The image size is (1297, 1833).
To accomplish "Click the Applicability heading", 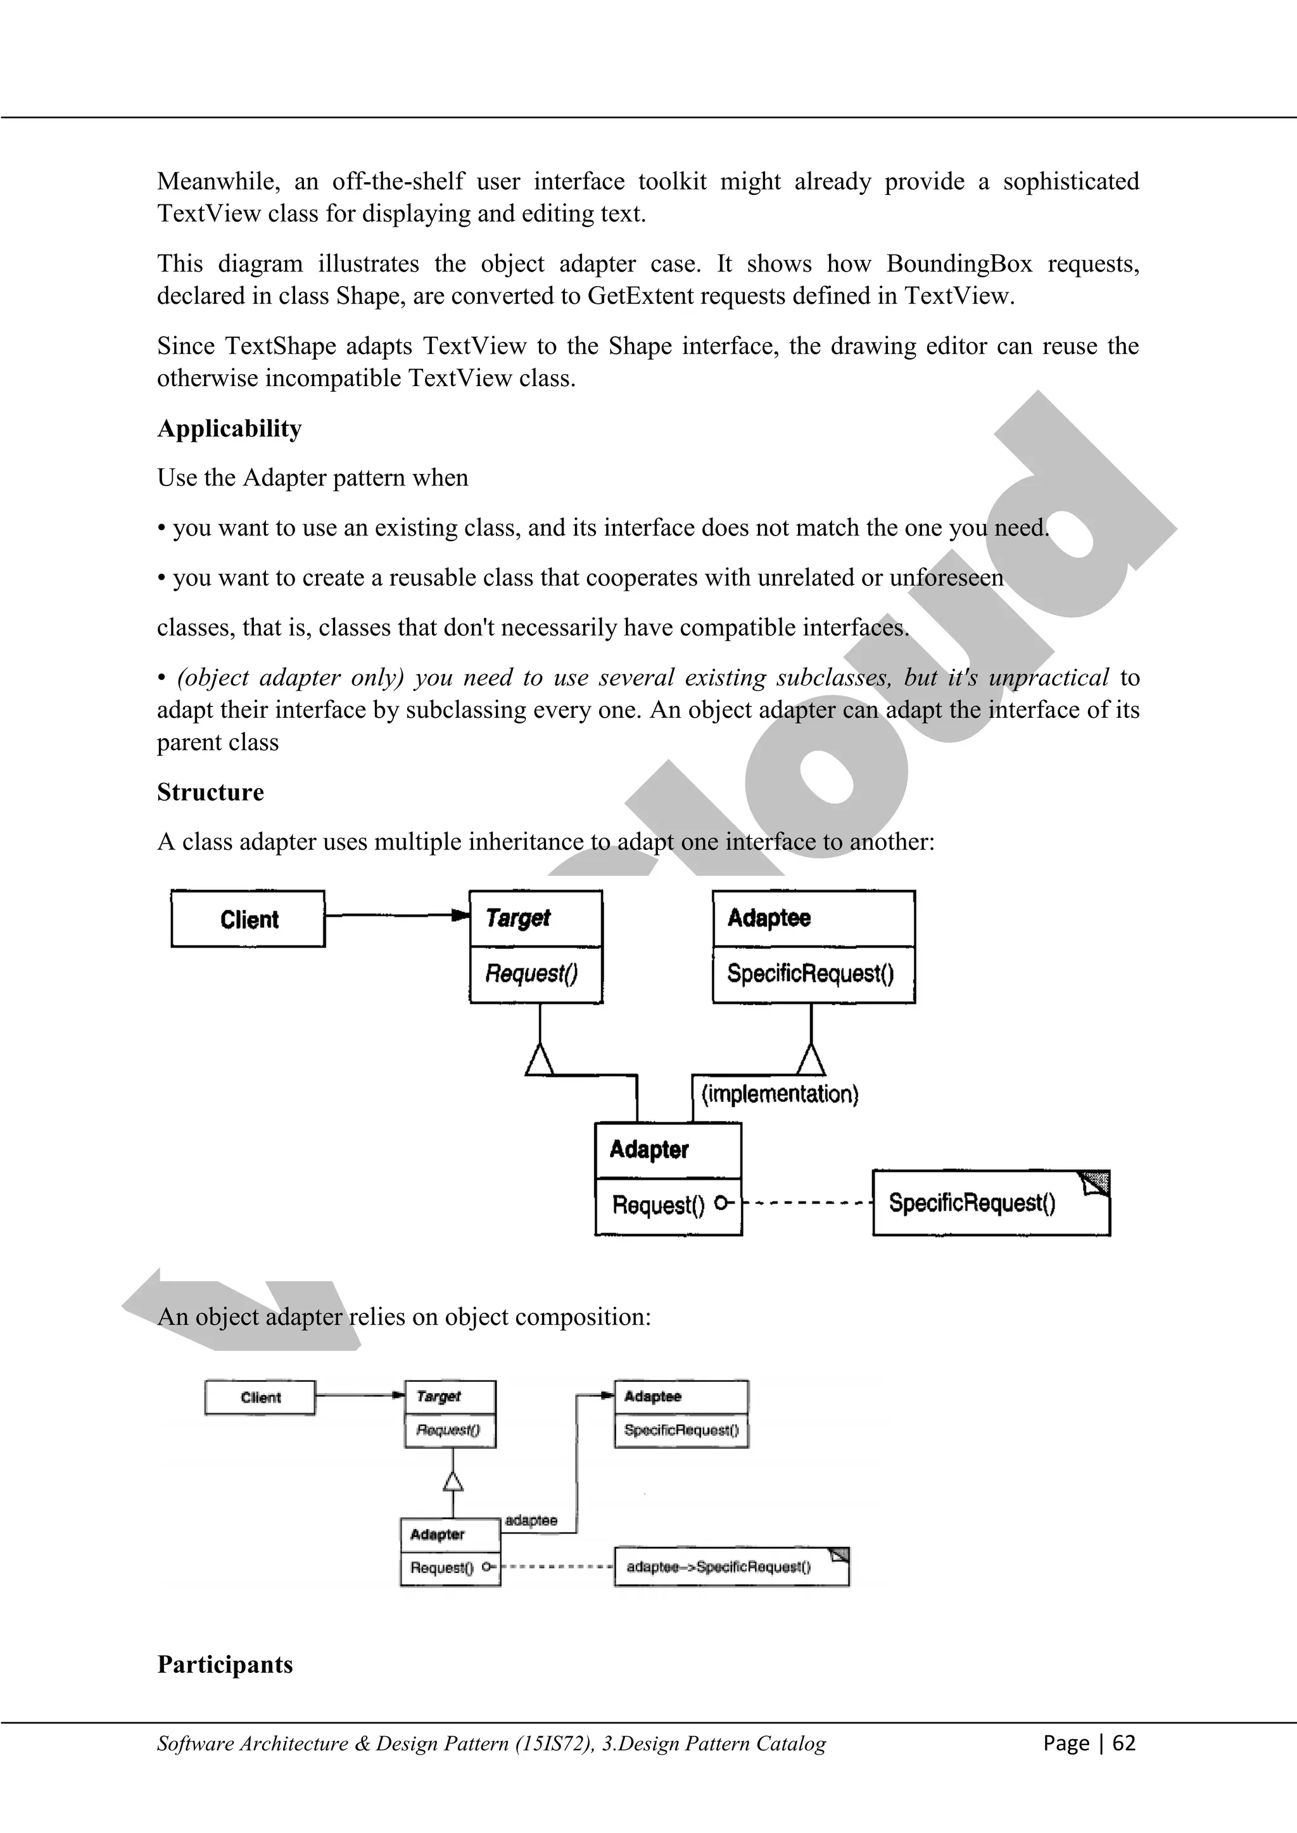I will tap(229, 429).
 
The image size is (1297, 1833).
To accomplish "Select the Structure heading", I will tap(210, 792).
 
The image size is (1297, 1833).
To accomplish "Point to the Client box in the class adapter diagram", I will tap(248, 919).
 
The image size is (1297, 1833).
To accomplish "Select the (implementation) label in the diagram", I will tap(780, 1094).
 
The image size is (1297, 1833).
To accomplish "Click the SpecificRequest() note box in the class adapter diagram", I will tap(990, 1203).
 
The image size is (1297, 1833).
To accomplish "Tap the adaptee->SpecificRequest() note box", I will tap(731, 1567).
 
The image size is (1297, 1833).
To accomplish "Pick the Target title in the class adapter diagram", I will tap(517, 918).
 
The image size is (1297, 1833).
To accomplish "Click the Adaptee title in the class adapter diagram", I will tap(768, 918).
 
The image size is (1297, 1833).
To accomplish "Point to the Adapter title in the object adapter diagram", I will tap(437, 1534).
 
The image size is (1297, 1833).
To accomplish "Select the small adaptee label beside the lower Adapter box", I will tap(531, 1520).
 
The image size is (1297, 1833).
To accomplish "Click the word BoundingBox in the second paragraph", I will tap(958, 263).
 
